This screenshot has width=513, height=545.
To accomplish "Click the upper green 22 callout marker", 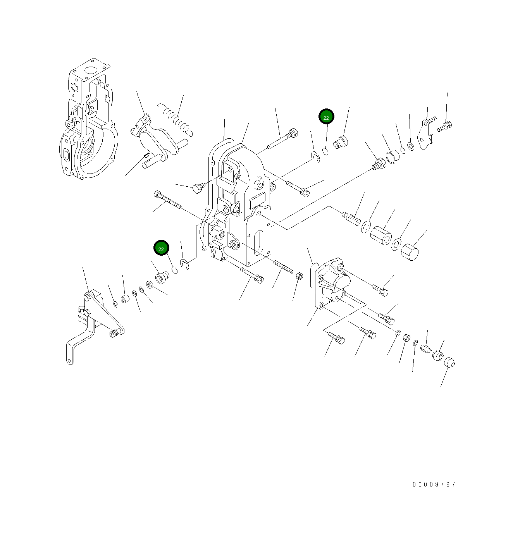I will coord(326,117).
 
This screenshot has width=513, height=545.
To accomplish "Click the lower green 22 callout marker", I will coord(161,248).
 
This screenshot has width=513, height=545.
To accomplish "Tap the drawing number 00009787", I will coord(434,484).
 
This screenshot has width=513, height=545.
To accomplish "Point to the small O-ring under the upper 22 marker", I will coord(326,151).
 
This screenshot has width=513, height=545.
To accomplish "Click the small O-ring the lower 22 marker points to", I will coord(175,270).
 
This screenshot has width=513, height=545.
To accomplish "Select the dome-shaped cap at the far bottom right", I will coord(449,363).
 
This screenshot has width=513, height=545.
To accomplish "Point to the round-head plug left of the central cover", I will coord(198,188).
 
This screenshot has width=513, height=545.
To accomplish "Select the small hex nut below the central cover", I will coord(299,276).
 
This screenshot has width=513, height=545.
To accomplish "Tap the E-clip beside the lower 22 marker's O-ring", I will coord(185,264).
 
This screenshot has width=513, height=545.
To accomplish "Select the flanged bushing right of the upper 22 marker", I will coord(341,142).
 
